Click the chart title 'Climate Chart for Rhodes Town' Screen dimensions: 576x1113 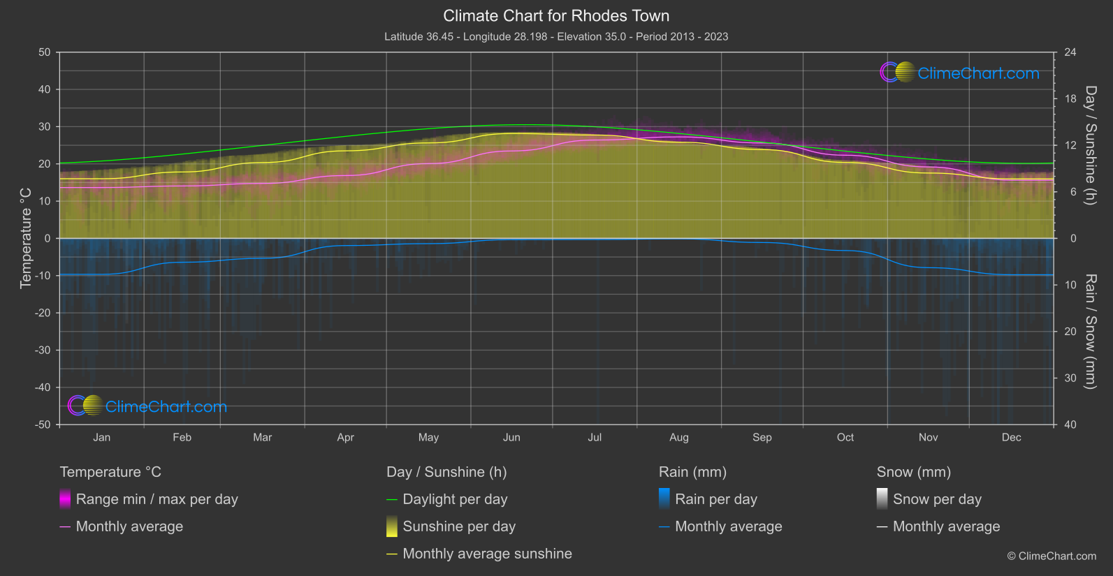click(x=556, y=16)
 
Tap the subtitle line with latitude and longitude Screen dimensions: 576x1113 click(x=556, y=36)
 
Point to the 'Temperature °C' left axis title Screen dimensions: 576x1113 click(x=26, y=238)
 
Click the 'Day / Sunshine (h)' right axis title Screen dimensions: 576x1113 click(x=1090, y=145)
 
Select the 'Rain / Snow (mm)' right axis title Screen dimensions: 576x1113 click(x=1090, y=331)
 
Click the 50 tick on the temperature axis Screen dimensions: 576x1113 click(x=45, y=52)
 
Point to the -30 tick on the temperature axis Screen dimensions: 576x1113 click(x=43, y=350)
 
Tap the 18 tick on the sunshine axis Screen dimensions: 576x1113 click(x=1070, y=99)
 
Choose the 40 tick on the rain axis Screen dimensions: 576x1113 click(x=1070, y=424)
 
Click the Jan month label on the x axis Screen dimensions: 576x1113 click(x=102, y=438)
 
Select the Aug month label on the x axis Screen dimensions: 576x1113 click(x=679, y=438)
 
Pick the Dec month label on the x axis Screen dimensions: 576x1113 click(x=1011, y=438)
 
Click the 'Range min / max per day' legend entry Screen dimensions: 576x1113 click(x=157, y=499)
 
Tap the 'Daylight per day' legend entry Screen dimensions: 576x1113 click(x=455, y=499)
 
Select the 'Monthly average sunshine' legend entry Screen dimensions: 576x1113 click(x=487, y=554)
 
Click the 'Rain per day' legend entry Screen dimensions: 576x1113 click(x=715, y=499)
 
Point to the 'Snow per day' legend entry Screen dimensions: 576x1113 click(x=937, y=499)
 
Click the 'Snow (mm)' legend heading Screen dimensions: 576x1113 click(x=913, y=472)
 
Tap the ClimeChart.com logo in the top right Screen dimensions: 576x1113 click(x=960, y=73)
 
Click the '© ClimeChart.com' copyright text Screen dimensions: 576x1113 click(x=1052, y=556)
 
